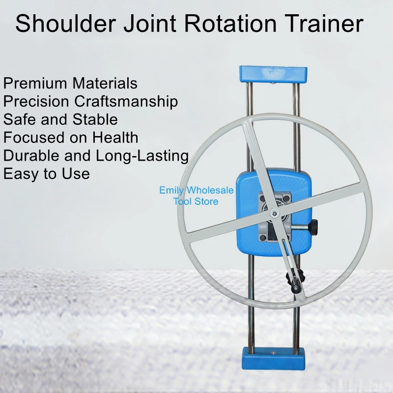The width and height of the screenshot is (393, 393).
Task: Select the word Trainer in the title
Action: point(325,25)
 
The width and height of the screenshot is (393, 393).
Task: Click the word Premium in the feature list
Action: point(35,83)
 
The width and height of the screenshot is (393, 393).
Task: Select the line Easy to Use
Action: point(46,173)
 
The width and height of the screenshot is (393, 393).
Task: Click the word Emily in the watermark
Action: point(172,190)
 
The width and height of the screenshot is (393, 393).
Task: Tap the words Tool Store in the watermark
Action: point(196,201)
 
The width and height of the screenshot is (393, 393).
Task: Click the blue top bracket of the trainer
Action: point(273,74)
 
